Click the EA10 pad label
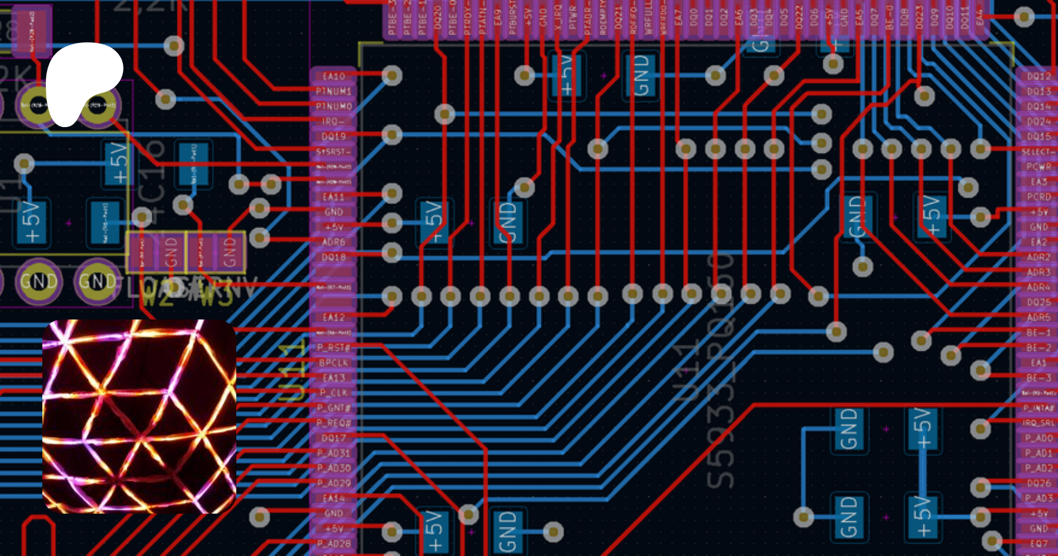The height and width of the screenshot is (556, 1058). point(333,76)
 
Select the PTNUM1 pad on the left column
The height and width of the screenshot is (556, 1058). point(333,91)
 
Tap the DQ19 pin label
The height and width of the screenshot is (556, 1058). point(333,136)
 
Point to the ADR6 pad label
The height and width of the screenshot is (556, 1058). point(333,242)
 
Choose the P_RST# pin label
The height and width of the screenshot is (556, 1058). point(333,348)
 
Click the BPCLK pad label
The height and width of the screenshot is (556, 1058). point(333,363)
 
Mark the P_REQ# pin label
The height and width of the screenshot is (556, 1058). point(333,423)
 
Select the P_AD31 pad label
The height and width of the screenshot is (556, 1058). point(333,453)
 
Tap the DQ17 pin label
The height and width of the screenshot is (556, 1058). point(333,438)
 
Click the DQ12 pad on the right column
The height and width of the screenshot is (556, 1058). point(1039,76)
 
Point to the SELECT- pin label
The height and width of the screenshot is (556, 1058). point(1039,152)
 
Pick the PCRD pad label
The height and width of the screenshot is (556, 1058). point(1039,197)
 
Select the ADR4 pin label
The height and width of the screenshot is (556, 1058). point(1039,287)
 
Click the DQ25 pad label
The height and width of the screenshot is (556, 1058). point(1039,302)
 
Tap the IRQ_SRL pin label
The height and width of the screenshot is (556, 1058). point(1039,423)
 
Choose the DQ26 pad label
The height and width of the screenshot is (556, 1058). point(1039,483)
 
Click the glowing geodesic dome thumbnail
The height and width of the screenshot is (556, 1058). point(139,417)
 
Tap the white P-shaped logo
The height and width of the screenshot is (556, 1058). point(82,82)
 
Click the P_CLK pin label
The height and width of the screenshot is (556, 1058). point(333,393)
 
